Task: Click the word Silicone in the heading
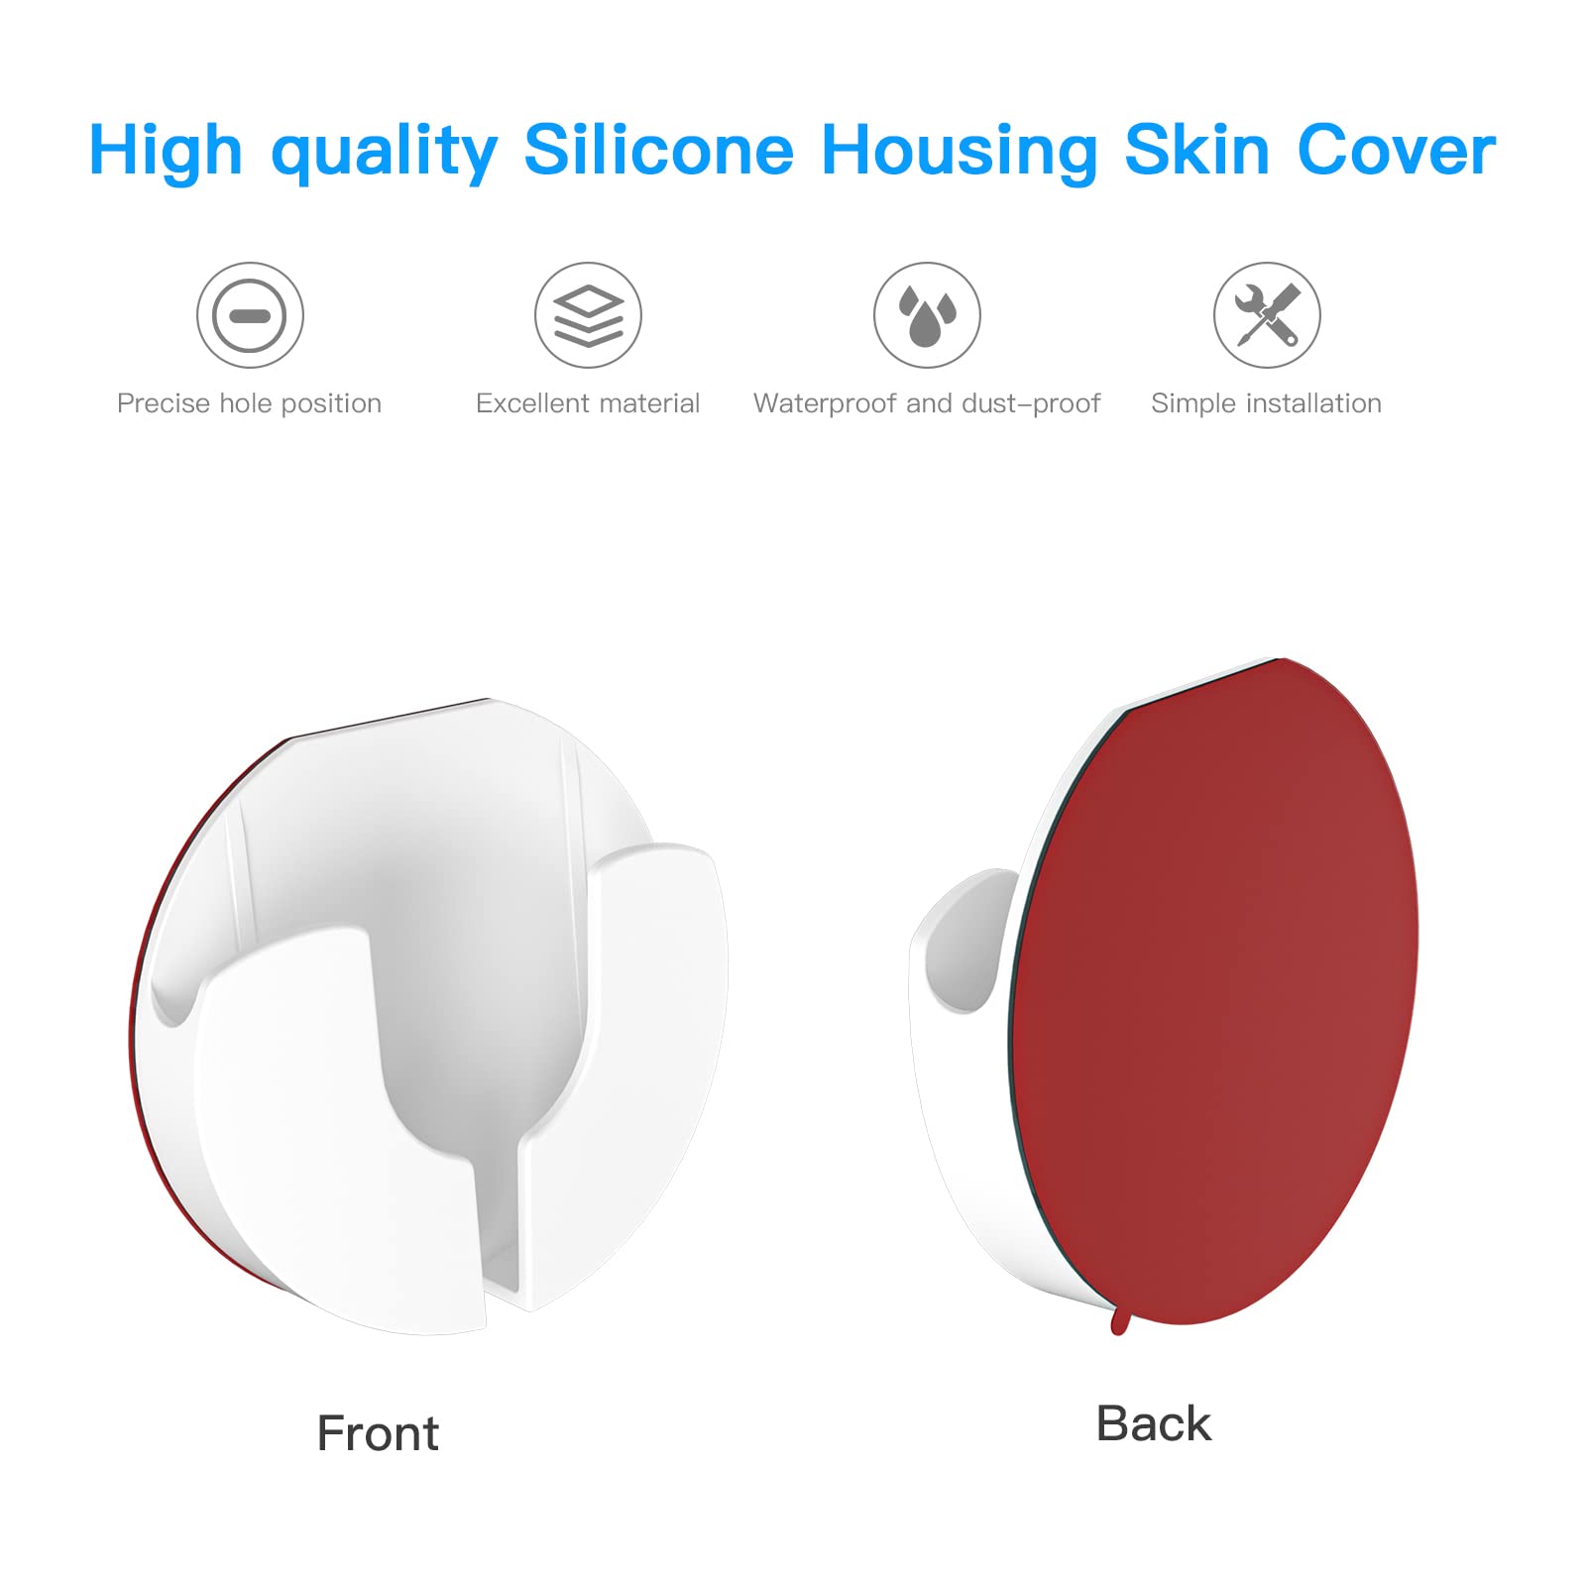click(x=658, y=151)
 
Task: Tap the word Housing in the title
click(x=959, y=151)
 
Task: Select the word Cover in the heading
click(x=1396, y=151)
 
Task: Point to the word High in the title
click(x=166, y=151)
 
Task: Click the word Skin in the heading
click(x=1196, y=151)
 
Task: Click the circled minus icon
click(x=250, y=315)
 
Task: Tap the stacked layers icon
click(x=588, y=315)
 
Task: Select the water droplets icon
click(x=927, y=315)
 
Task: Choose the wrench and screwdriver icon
click(x=1267, y=315)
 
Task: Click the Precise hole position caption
click(x=249, y=403)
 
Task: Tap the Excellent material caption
click(x=588, y=403)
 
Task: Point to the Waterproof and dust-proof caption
click(x=927, y=403)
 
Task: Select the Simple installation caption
click(x=1266, y=403)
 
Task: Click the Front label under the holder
click(x=378, y=1433)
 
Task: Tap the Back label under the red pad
click(x=1153, y=1423)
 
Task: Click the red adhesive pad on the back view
click(x=1219, y=991)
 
